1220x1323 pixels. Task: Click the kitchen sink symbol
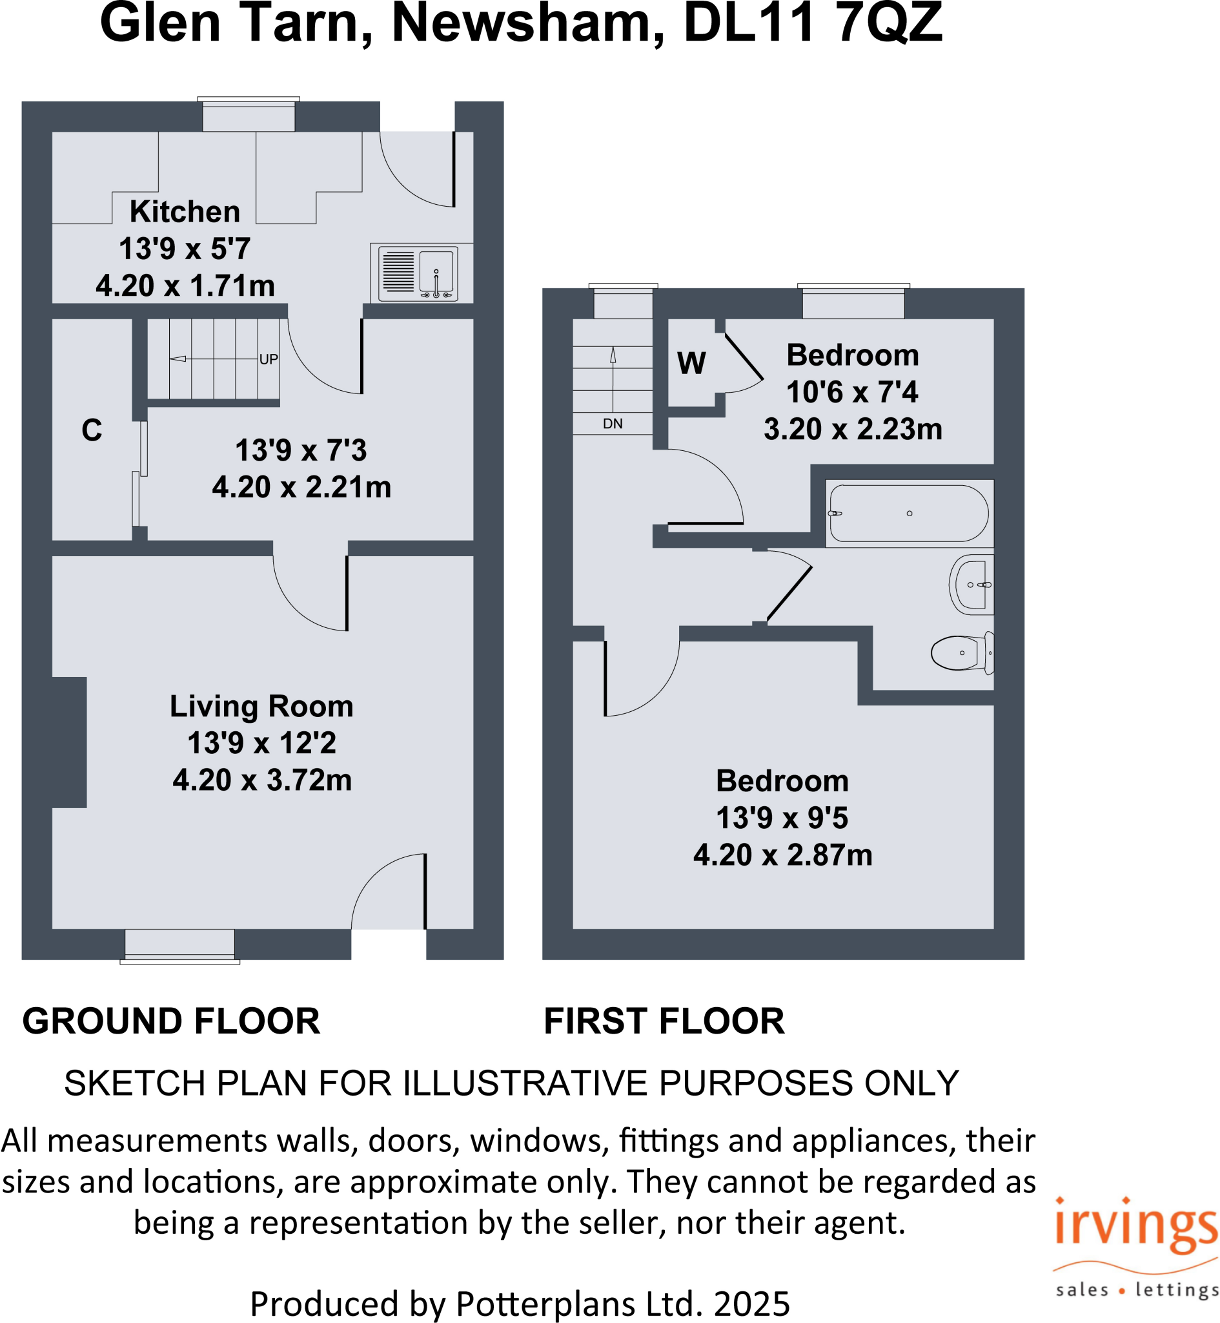pos(436,271)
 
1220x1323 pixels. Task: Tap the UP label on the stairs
pos(268,359)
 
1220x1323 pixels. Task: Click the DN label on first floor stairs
pos(612,423)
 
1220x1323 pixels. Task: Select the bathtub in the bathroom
pos(908,513)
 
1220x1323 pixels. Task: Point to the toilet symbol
pos(961,652)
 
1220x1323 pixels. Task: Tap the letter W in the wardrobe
pos(691,362)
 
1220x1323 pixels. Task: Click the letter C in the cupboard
pos(92,430)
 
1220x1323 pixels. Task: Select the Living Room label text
pos(261,706)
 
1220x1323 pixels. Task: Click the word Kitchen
pos(185,211)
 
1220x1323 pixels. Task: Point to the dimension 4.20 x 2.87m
pos(782,855)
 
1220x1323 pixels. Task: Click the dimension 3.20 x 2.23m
pos(852,429)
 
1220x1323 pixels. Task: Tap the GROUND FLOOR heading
pos(171,1021)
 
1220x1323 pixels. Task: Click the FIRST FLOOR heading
pos(664,1021)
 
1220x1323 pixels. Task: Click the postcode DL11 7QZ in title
pos(812,23)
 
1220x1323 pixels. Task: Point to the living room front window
pos(179,944)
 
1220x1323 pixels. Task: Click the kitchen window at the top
pos(249,115)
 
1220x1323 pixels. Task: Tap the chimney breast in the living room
pos(69,742)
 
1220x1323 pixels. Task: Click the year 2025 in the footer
pos(751,1303)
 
